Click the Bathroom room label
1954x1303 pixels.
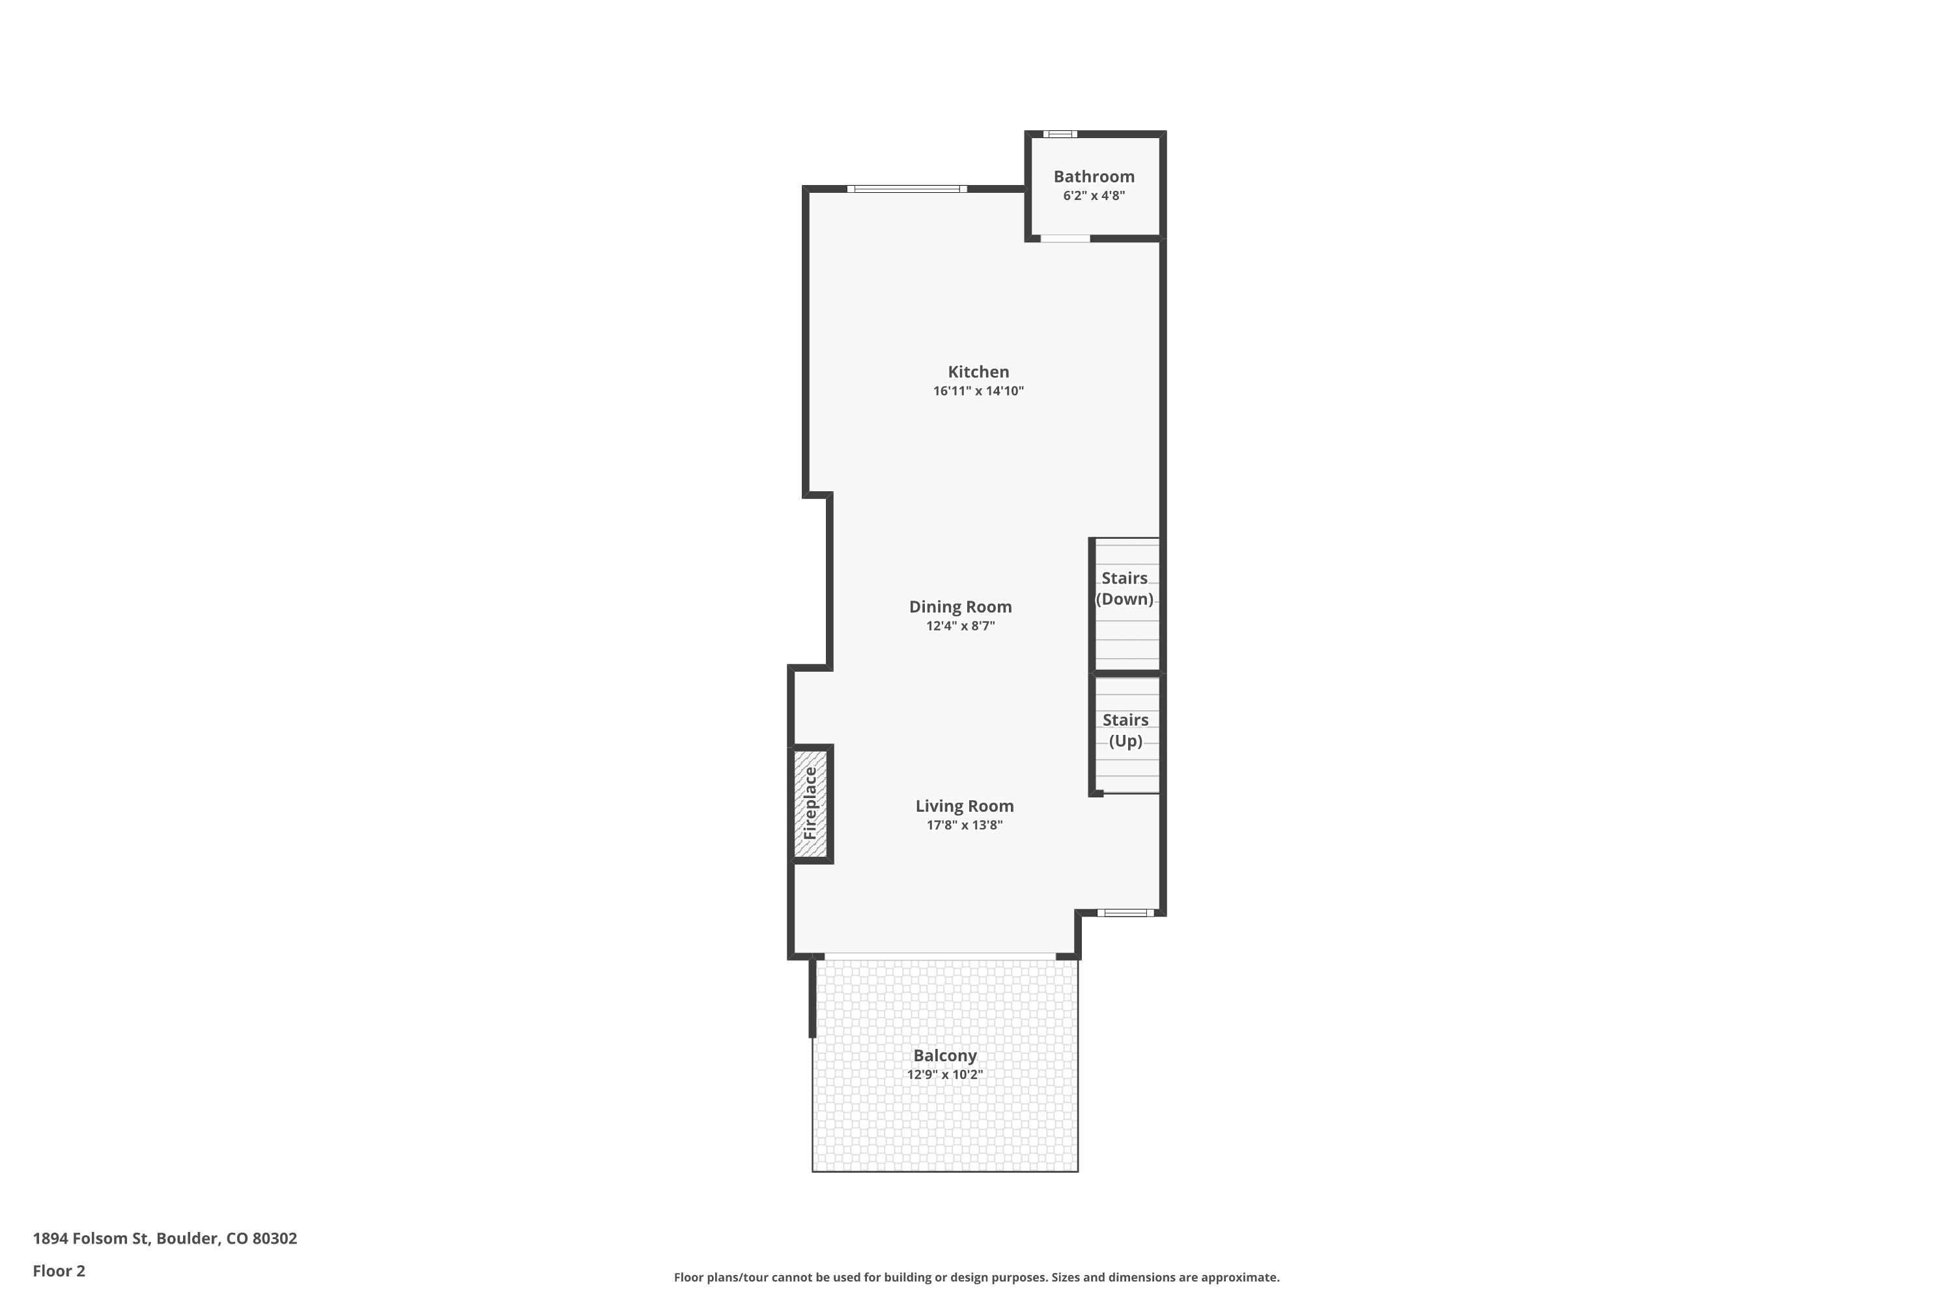[1094, 176]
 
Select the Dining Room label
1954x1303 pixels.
[960, 607]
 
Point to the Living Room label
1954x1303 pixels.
[965, 806]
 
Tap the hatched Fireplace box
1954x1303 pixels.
[810, 803]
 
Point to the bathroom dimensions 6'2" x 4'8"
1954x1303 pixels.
[1094, 195]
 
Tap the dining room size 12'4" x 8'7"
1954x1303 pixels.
[960, 625]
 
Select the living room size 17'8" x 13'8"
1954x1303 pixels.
[965, 825]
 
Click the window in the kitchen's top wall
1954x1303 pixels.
[907, 189]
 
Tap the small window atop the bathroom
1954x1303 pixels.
[1060, 134]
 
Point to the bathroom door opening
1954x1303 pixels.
[1065, 238]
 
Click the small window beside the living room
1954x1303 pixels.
[1126, 913]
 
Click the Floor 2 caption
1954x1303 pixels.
[59, 1270]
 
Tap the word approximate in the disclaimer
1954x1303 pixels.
[1240, 1277]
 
